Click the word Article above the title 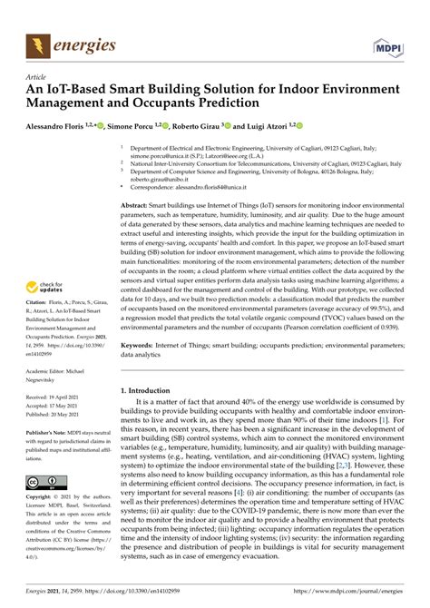click(36, 78)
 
